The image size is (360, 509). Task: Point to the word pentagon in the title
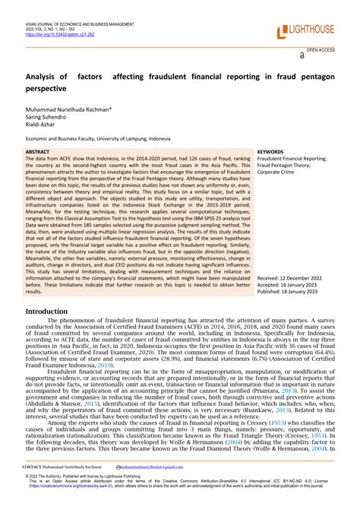(x=313, y=77)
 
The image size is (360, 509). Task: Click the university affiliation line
(x=111, y=141)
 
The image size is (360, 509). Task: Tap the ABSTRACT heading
(x=37, y=152)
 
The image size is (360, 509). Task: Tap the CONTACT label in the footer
(x=33, y=466)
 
